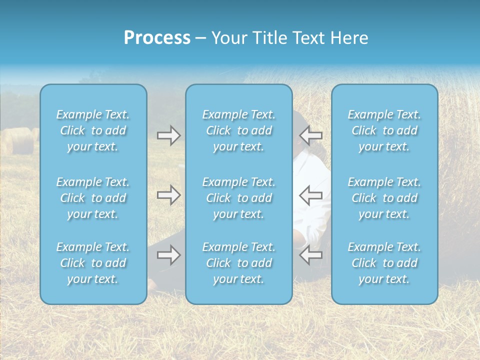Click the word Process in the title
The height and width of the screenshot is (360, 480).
(x=157, y=38)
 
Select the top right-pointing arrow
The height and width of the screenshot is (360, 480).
(x=168, y=135)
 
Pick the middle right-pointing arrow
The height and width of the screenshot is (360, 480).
(x=168, y=195)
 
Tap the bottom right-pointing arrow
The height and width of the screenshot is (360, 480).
(x=168, y=255)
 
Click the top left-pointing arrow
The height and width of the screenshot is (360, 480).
(x=310, y=135)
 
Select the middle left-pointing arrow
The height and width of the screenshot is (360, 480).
(x=310, y=195)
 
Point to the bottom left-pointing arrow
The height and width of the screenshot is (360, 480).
(x=310, y=255)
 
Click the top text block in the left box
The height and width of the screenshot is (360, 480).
(x=93, y=130)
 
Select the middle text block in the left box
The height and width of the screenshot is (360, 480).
(x=93, y=198)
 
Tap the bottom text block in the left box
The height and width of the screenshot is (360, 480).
(x=93, y=263)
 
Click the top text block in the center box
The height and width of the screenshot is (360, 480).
(x=238, y=130)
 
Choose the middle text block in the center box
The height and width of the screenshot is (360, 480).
(x=238, y=198)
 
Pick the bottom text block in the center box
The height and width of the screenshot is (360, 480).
(x=238, y=263)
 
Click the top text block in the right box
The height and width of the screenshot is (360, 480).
(x=384, y=130)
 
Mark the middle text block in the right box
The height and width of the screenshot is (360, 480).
(x=384, y=198)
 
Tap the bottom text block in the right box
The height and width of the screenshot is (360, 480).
(x=384, y=263)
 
